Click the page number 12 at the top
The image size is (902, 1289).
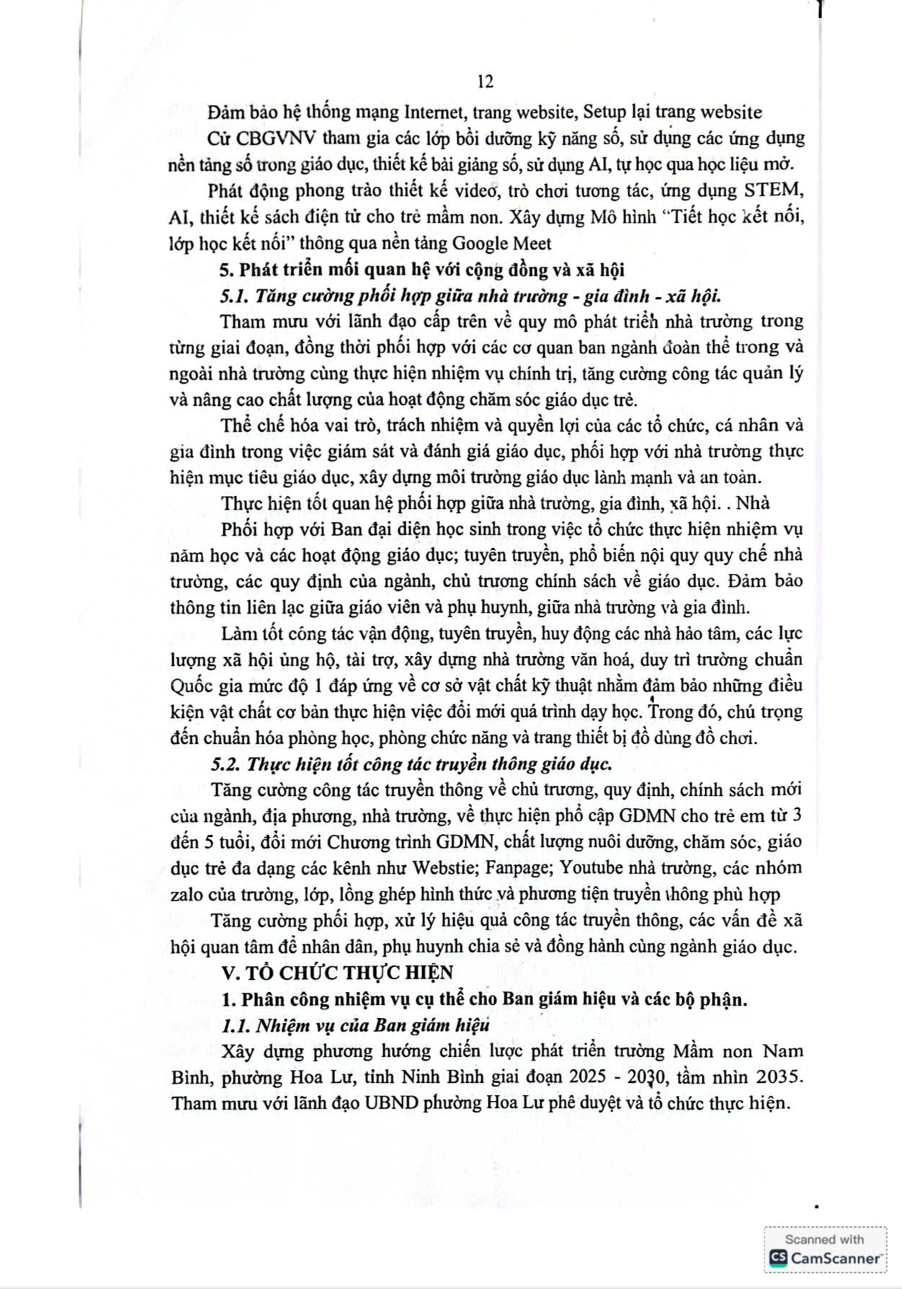486,81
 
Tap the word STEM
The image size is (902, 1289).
776,191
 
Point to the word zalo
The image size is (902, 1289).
187,895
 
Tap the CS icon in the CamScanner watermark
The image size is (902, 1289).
778,1258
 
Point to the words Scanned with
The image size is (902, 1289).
824,1239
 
